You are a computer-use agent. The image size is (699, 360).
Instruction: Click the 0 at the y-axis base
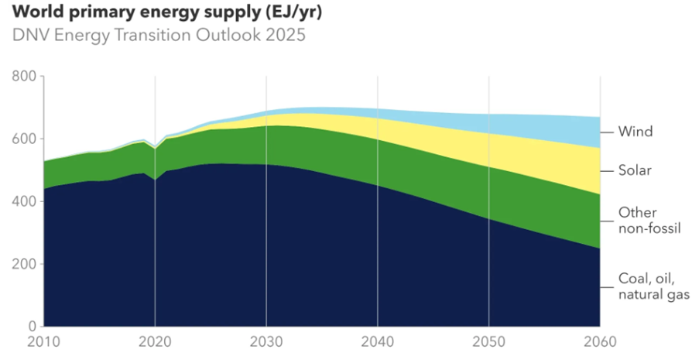pos(33,326)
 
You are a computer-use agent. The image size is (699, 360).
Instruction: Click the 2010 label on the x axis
pos(44,342)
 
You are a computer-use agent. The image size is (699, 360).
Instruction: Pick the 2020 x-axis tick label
pos(155,342)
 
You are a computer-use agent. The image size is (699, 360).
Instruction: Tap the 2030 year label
pos(266,342)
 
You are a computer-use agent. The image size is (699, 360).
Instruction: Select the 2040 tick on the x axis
pos(378,342)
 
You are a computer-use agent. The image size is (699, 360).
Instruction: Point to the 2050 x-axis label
pos(488,342)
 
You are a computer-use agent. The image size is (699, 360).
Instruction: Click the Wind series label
pos(635,132)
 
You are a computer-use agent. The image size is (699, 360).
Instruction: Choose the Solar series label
pos(636,170)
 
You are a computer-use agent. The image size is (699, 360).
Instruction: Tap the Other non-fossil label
pos(649,220)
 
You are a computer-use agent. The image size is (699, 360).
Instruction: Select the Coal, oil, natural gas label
pos(653,286)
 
